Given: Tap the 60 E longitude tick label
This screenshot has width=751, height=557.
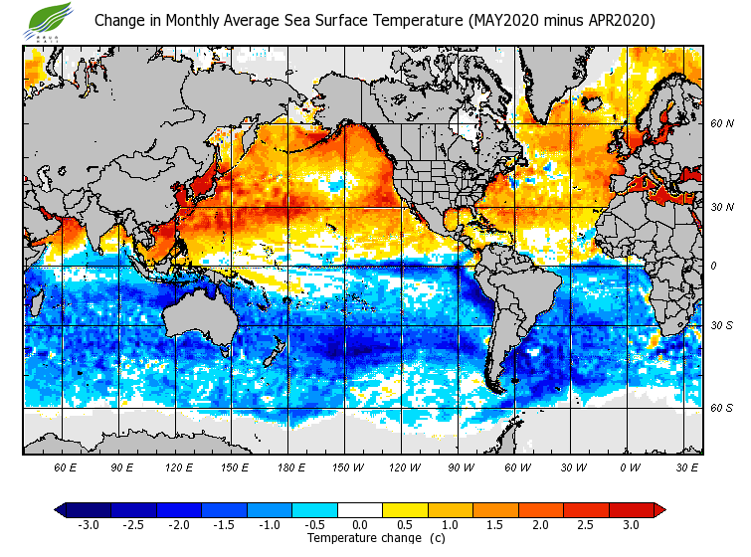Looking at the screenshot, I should click(x=66, y=466).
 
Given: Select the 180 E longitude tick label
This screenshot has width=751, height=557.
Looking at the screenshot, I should click(x=291, y=466).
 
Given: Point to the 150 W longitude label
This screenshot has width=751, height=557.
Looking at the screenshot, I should click(x=348, y=466).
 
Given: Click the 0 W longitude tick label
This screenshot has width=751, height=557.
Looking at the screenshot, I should click(x=630, y=466).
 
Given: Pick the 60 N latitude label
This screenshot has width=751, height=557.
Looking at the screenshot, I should click(x=721, y=124).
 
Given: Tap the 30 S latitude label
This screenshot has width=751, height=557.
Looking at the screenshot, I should click(x=721, y=326).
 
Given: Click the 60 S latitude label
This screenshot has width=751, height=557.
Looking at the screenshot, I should click(x=721, y=408).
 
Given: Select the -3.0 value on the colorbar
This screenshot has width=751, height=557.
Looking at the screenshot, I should click(x=88, y=524).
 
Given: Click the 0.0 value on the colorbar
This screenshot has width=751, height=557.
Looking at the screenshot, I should click(x=359, y=524).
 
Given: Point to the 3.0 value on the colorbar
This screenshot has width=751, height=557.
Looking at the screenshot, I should click(x=631, y=524).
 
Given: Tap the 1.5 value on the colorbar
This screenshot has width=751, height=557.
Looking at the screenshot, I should click(x=495, y=524).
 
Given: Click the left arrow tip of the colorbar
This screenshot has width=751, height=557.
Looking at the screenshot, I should click(x=59, y=510).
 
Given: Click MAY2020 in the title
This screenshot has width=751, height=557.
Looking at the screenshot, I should click(x=496, y=20).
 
